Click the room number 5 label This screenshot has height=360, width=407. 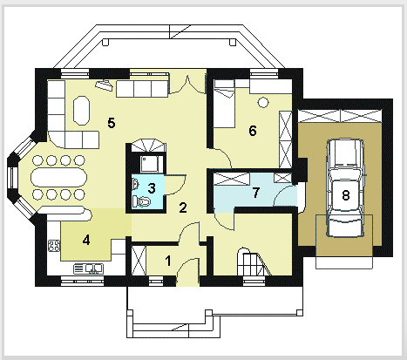click(112, 123)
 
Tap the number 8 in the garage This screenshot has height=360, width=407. click(345, 195)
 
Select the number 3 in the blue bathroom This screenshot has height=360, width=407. click(152, 188)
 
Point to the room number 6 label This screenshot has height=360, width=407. click(253, 131)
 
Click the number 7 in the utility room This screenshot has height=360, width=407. click(255, 193)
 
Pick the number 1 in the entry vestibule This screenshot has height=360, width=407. click(168, 261)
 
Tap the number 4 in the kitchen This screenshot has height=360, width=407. click(86, 240)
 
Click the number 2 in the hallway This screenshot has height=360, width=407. click(183, 207)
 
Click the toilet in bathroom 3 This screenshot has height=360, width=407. click(141, 201)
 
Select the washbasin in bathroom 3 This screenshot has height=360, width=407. click(135, 184)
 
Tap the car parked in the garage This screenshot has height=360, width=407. click(345, 188)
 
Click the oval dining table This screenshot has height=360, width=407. click(59, 177)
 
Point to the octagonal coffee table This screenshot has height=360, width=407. click(81, 111)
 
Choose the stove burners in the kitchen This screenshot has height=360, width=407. click(54, 246)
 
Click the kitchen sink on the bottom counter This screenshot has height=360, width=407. click(88, 268)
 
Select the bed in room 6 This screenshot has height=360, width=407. click(224, 104)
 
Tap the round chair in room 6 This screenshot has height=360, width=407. click(263, 102)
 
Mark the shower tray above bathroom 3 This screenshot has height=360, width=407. click(149, 164)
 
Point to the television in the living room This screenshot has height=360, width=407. click(104, 85)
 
